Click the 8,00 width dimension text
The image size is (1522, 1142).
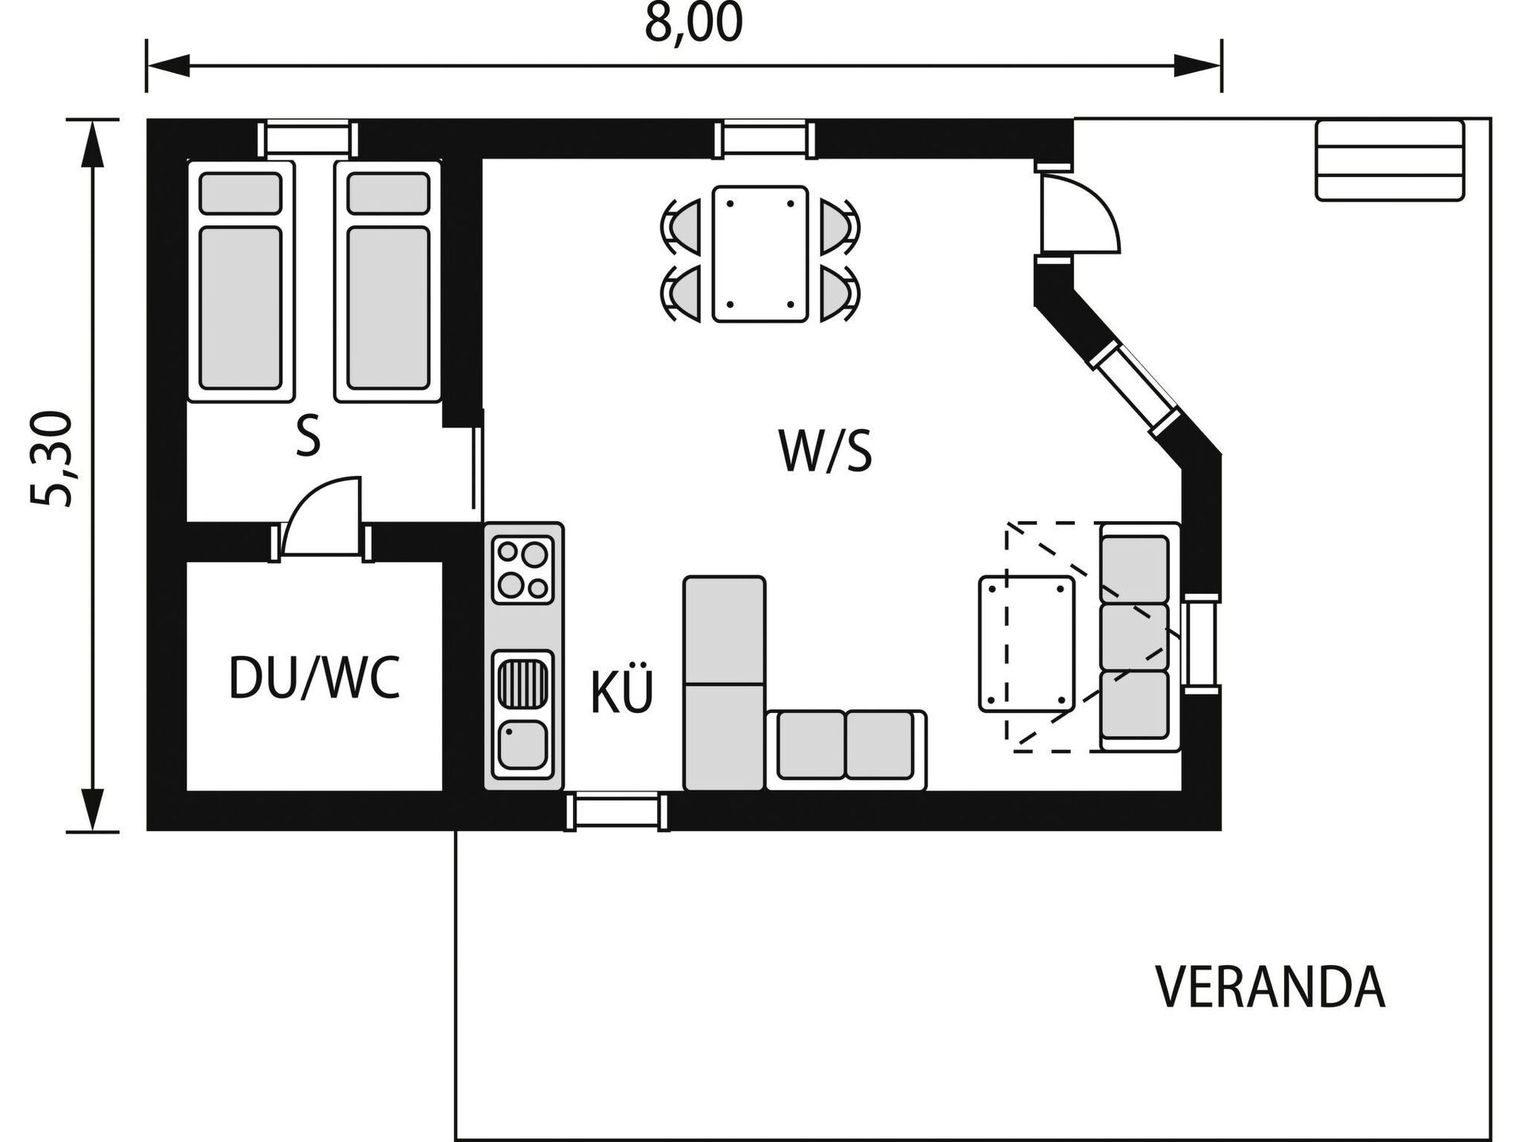694,25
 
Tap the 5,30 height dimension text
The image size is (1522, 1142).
52,458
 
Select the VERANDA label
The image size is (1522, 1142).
1270,987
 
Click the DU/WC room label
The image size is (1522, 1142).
314,678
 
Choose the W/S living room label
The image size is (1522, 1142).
825,450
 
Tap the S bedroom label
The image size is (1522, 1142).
308,436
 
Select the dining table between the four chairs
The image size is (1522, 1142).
759,254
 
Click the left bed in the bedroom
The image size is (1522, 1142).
240,282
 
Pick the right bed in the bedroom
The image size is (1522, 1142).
388,282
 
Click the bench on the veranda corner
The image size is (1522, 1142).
1389,160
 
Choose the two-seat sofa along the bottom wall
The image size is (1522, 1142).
846,749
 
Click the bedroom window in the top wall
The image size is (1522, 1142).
308,139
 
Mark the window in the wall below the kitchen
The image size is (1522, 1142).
617,811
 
